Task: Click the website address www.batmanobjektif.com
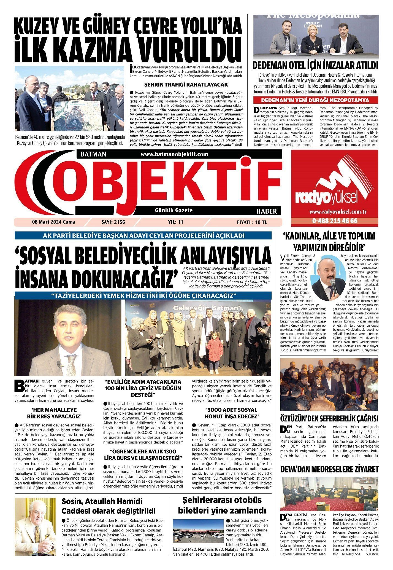[174, 155]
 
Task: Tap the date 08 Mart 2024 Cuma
[54, 222]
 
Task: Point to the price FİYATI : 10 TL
[252, 222]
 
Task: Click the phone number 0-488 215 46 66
[335, 221]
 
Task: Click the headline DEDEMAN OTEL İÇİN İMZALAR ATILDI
[316, 66]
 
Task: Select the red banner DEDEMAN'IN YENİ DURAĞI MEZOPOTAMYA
[316, 101]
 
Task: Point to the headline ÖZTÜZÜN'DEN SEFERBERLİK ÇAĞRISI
[329, 418]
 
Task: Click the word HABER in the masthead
[266, 211]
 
